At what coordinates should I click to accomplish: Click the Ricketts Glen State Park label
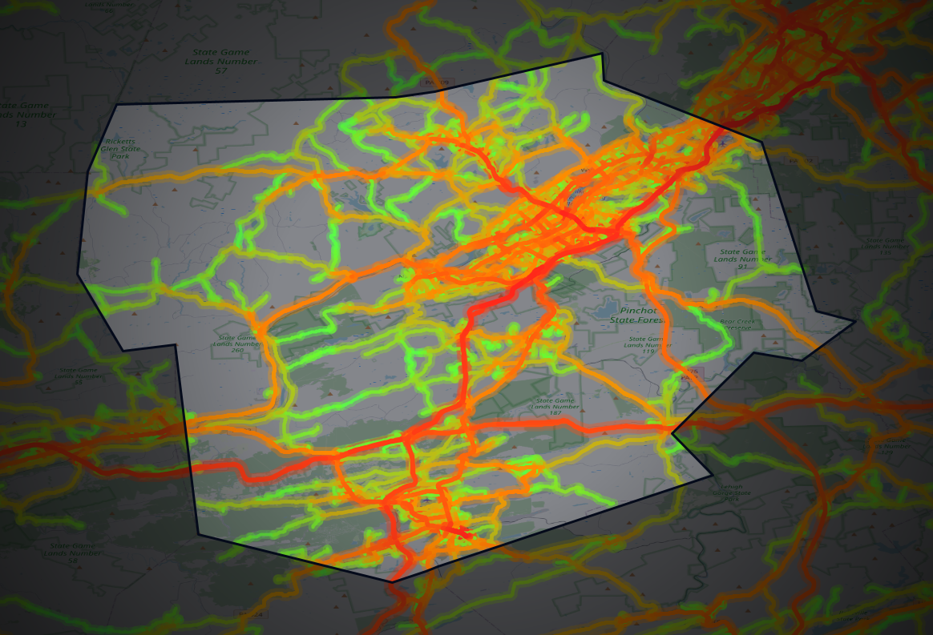click(x=117, y=149)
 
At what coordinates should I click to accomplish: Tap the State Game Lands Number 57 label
click(x=220, y=61)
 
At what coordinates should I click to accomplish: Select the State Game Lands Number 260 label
click(x=236, y=344)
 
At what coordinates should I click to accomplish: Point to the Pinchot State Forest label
click(x=641, y=315)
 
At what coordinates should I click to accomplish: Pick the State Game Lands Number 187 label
click(x=555, y=407)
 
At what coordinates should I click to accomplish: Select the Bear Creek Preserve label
click(x=739, y=324)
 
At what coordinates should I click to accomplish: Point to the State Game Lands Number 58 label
click(x=72, y=553)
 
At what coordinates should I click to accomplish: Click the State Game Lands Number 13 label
click(x=24, y=115)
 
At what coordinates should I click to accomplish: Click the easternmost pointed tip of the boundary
click(x=855, y=322)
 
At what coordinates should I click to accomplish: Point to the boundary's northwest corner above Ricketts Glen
click(x=117, y=105)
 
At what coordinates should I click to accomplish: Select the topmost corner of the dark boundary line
click(x=602, y=54)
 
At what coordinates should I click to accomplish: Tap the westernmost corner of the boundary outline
click(x=78, y=274)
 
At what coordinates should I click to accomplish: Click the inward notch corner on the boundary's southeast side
click(x=672, y=434)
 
